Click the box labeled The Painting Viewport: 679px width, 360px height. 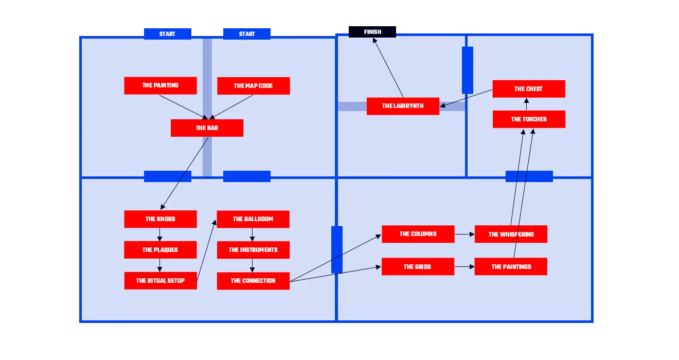(160, 85)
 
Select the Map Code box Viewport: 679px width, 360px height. (253, 86)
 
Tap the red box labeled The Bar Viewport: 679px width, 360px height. (207, 128)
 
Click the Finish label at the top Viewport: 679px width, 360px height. (372, 32)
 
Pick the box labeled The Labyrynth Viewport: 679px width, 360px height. (403, 106)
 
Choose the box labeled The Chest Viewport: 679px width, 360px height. (528, 88)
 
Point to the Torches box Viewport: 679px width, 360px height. (528, 119)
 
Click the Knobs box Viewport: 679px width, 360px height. (160, 219)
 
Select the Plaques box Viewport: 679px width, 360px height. (160, 250)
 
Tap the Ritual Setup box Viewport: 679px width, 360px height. (160, 281)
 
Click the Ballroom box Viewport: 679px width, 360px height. (253, 219)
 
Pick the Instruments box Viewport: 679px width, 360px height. (253, 250)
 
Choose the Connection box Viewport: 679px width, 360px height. (253, 281)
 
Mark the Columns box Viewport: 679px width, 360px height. (418, 234)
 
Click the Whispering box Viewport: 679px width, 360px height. (511, 235)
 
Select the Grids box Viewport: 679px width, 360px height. (418, 267)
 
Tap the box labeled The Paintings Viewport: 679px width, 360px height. (511, 267)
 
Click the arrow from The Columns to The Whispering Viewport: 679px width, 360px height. (464, 235)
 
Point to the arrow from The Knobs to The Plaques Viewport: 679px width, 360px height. (159, 235)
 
